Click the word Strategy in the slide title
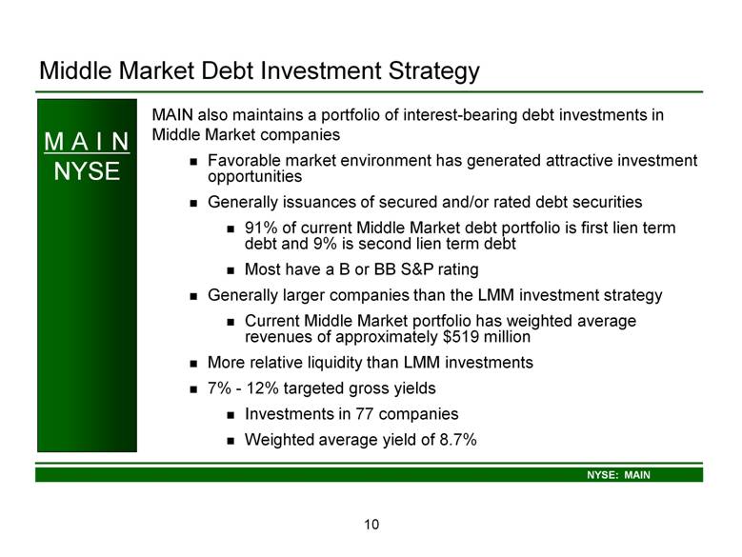click(434, 70)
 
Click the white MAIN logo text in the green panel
click(87, 141)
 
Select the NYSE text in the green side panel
click(87, 170)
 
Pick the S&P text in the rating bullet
click(416, 269)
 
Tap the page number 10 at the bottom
click(371, 525)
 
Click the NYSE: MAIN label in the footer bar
click(618, 475)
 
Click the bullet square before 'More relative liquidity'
click(193, 364)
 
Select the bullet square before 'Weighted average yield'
click(231, 441)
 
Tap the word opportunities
click(254, 177)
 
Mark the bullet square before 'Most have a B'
click(231, 270)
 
